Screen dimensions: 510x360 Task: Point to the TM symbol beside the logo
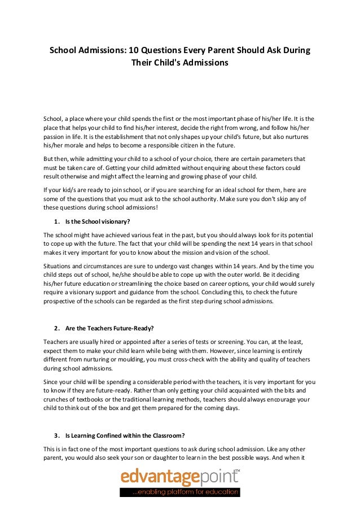pos(237,470)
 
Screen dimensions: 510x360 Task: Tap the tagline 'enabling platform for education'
pos(186,493)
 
